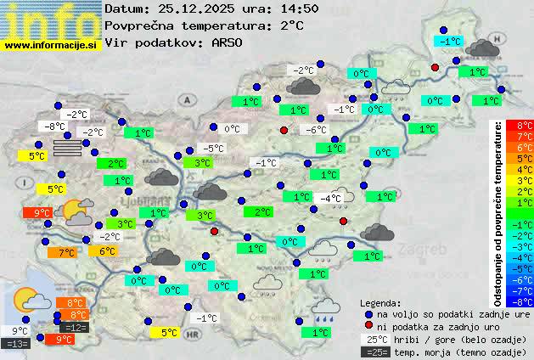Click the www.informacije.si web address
click(51, 45)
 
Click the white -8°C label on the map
click(54, 127)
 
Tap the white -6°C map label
click(315, 130)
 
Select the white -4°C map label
click(329, 198)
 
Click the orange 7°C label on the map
click(65, 252)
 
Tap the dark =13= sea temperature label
click(15, 344)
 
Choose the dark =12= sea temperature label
click(74, 328)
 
